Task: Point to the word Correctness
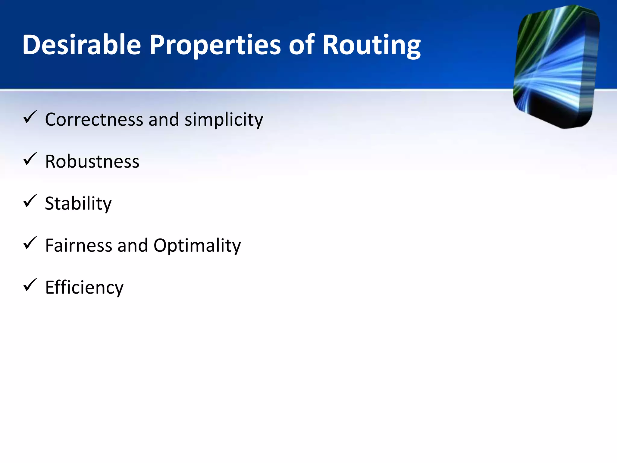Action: tap(94, 119)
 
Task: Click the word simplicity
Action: tap(224, 120)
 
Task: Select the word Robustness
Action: tap(92, 162)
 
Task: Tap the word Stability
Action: tap(78, 204)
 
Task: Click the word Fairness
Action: tap(78, 245)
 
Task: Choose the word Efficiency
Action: tap(84, 288)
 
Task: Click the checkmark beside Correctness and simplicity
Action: tap(30, 117)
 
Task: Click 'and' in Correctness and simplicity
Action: tap(164, 119)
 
